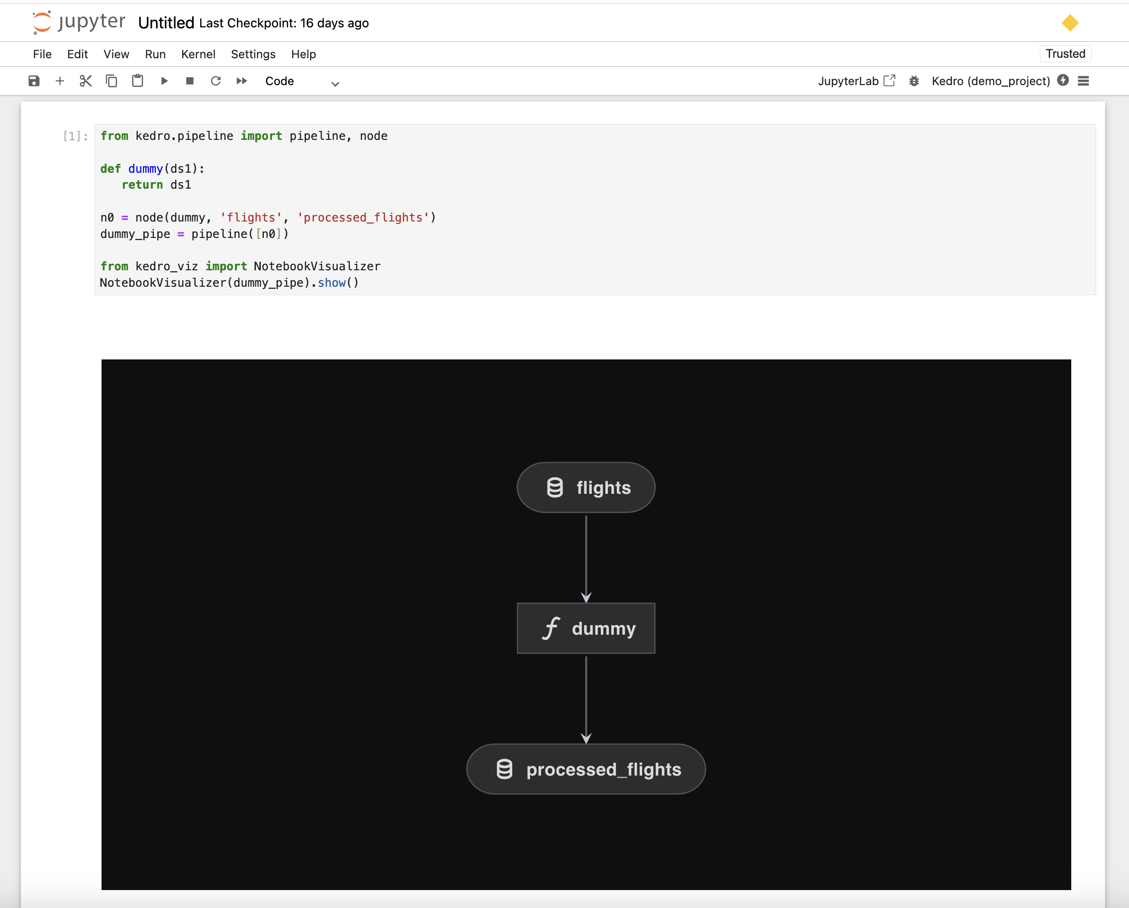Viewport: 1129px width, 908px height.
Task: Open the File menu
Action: [42, 54]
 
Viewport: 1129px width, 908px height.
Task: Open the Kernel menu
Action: [198, 54]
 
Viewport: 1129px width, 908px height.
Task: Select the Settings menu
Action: [253, 54]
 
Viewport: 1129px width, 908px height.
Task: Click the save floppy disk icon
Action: [34, 81]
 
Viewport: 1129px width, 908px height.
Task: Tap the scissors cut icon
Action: [85, 81]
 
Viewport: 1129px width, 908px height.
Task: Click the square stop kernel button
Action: [190, 81]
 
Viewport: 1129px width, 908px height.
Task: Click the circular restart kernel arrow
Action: [216, 81]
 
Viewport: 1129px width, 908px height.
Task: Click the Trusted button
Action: [1065, 54]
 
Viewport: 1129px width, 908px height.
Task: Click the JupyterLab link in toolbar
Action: [857, 81]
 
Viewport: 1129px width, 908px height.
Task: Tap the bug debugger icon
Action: [914, 81]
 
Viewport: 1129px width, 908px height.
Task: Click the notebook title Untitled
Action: [166, 23]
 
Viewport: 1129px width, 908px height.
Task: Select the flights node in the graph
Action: [586, 487]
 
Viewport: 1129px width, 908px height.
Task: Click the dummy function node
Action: [586, 628]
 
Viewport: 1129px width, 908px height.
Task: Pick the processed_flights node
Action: [586, 769]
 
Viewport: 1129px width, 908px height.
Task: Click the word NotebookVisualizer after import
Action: [317, 266]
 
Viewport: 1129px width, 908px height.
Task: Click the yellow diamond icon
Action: [1070, 23]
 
